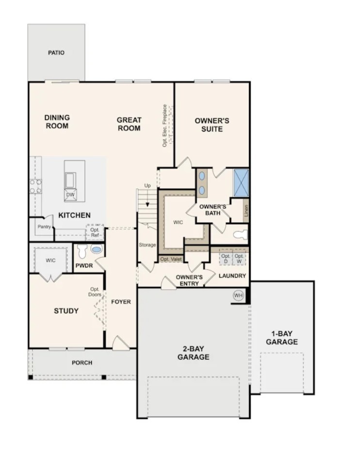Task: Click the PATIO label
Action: pos(56,52)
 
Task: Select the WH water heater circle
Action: pos(238,296)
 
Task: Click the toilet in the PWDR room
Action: pos(82,251)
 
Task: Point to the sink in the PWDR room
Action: pos(97,249)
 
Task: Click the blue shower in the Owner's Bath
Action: pos(241,183)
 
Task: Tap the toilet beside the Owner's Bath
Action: pos(240,235)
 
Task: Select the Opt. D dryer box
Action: pos(226,258)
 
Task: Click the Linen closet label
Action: pos(246,210)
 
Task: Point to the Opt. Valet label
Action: pos(170,259)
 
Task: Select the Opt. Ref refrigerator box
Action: pos(95,232)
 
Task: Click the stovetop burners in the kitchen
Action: pos(35,186)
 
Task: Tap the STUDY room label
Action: pos(66,311)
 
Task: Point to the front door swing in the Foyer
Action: pos(120,343)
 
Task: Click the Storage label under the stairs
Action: pos(147,245)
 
